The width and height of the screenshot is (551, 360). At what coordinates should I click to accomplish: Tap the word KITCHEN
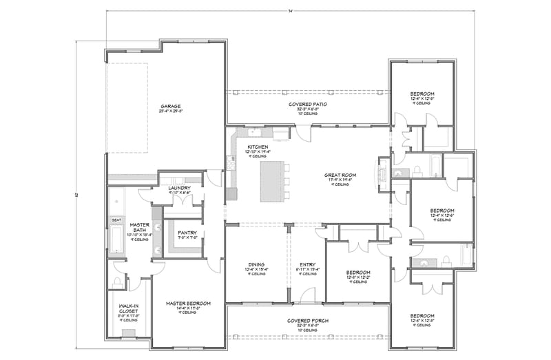[258, 147]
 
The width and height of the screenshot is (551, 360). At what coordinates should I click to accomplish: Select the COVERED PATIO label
[307, 104]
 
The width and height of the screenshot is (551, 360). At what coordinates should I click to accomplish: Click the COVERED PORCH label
[307, 321]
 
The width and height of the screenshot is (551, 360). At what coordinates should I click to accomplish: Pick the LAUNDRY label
[180, 187]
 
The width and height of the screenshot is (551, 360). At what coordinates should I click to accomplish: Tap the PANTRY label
[186, 233]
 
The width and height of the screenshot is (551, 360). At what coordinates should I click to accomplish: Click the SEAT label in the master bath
[116, 220]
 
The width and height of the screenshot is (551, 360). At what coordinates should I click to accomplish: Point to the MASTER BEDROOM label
[188, 303]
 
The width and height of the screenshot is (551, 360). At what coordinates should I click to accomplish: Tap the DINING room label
[256, 264]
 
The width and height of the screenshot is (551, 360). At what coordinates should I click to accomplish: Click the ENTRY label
[307, 264]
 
